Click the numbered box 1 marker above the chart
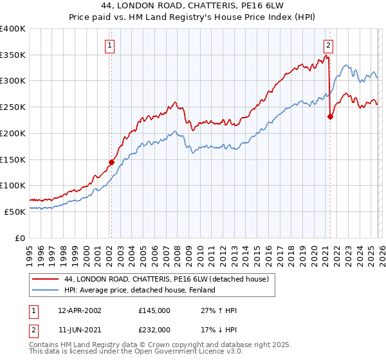click(111, 45)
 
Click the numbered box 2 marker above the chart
click(329, 45)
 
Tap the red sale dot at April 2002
click(111, 162)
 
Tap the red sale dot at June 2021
click(330, 116)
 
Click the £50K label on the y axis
click(15, 212)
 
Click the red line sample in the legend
click(46, 278)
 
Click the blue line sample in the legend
click(46, 290)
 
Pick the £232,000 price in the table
click(154, 329)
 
